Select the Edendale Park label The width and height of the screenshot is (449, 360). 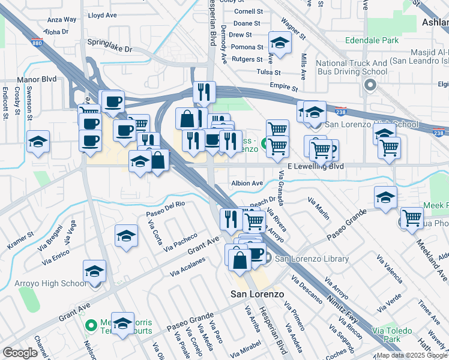point(372,41)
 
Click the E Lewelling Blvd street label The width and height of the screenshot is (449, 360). point(316,166)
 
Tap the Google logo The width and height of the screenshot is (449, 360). point(20,353)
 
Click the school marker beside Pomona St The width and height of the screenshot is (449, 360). point(280,43)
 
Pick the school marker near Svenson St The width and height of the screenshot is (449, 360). point(38,142)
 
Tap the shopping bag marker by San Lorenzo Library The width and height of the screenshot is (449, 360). point(240,260)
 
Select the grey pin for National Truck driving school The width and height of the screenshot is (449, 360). point(370,85)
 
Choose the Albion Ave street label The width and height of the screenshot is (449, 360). point(247,183)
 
